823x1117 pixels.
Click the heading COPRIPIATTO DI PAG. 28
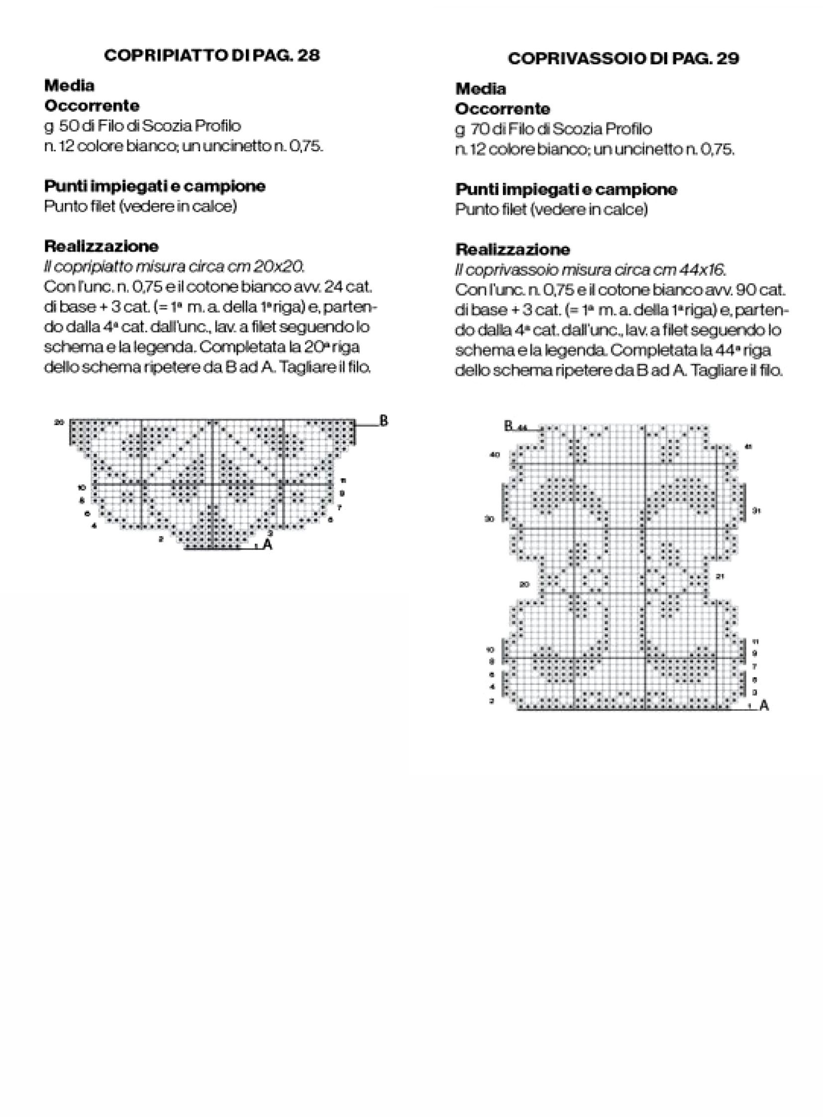pos(211,55)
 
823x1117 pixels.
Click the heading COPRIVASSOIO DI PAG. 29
pos(623,59)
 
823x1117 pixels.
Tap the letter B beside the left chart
pos(384,421)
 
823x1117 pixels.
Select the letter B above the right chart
pos(508,426)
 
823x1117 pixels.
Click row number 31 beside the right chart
pos(756,510)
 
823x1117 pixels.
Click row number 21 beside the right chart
pos(720,577)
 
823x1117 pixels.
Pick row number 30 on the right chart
pos(490,519)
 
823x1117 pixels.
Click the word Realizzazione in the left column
pos(102,246)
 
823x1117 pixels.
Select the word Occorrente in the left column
pos(92,106)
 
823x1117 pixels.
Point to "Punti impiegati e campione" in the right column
pos(566,190)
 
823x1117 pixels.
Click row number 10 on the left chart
pos(82,487)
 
